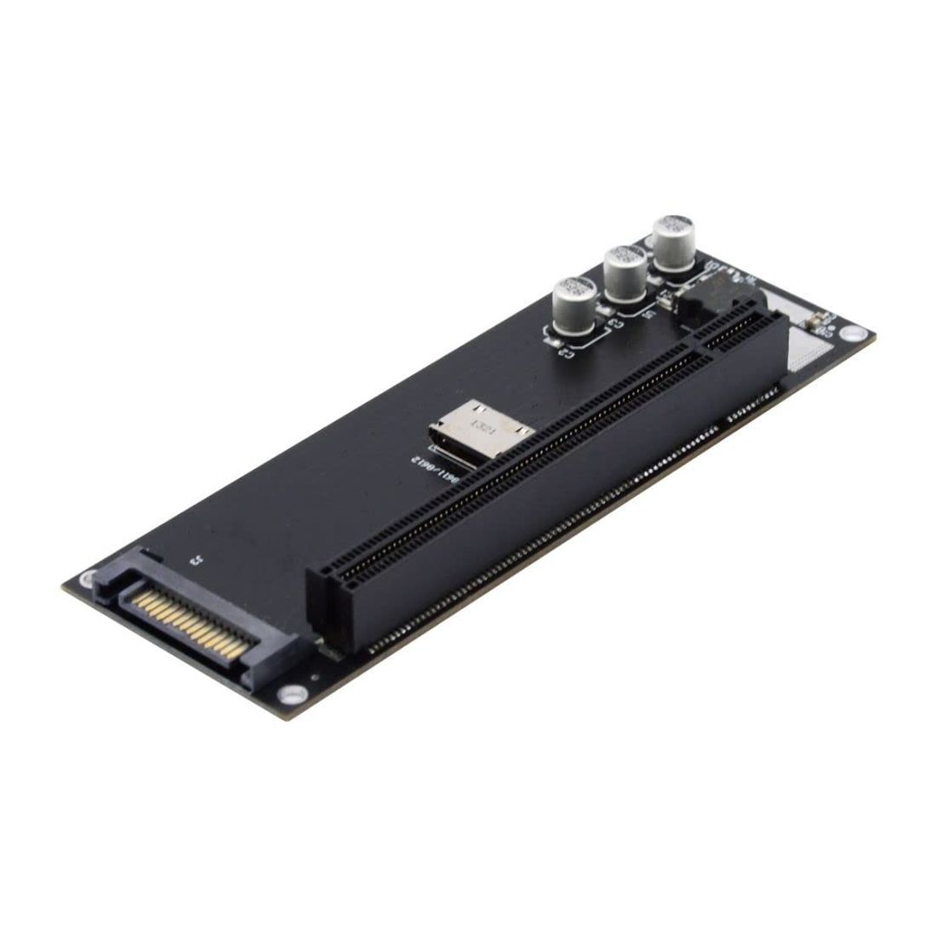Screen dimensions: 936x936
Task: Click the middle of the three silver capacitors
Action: pos(625,270)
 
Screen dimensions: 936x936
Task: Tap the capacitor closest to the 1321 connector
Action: pos(575,305)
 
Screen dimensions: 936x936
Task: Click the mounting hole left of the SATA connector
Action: pos(88,579)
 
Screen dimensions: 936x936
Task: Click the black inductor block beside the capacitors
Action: pos(706,301)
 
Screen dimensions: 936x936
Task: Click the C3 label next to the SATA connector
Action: pos(197,559)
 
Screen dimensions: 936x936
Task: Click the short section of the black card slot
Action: pos(737,334)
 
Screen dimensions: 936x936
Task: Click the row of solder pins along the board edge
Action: pos(555,529)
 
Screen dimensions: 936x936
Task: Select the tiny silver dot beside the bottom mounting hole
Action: pos(314,677)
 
